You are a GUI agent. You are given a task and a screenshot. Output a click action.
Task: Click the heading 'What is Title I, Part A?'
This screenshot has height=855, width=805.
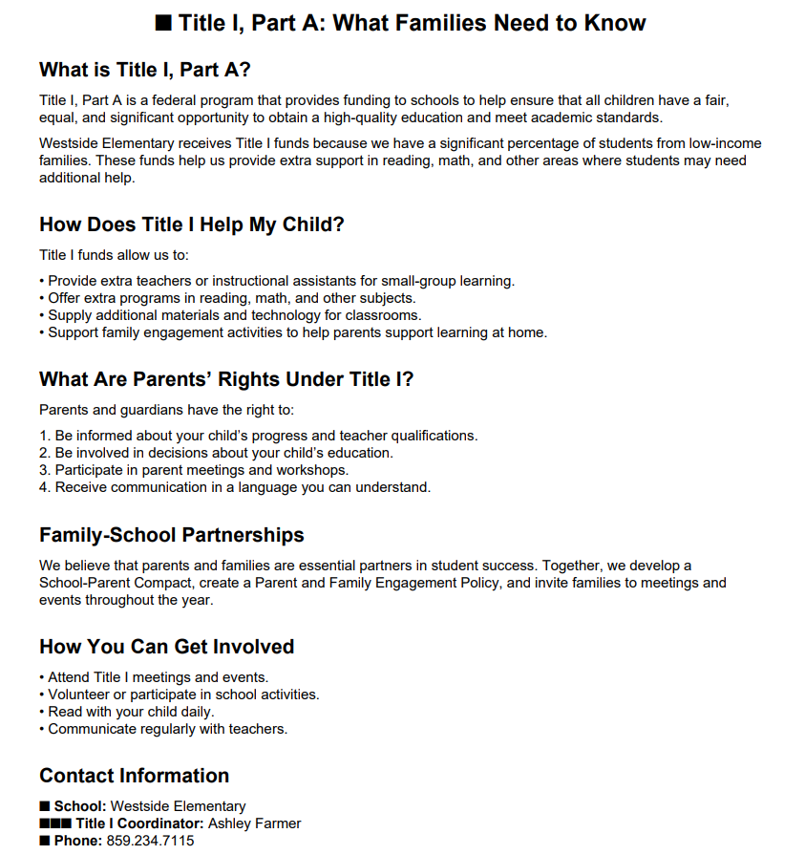pyautogui.click(x=144, y=70)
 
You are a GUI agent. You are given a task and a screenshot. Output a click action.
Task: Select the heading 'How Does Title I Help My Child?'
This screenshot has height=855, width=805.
pyautogui.click(x=191, y=224)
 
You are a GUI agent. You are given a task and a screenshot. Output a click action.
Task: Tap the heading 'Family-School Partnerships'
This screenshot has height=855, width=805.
pyautogui.click(x=172, y=535)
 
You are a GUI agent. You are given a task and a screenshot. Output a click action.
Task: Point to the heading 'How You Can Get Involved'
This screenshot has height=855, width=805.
pyautogui.click(x=166, y=647)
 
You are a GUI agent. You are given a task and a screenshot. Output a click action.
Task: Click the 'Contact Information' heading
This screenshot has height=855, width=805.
pyautogui.click(x=134, y=776)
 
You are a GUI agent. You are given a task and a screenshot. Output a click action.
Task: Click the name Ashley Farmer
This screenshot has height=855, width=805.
pyautogui.click(x=254, y=823)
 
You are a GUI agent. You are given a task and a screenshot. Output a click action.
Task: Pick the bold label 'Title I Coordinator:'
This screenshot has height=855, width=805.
pyautogui.click(x=139, y=823)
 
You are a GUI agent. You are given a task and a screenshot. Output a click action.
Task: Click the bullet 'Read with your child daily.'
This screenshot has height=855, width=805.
pyautogui.click(x=131, y=712)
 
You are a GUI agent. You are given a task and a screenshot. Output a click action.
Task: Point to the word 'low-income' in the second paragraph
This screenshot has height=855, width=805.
pyautogui.click(x=725, y=143)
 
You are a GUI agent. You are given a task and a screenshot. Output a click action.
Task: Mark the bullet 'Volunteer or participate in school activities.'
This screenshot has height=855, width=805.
pyautogui.click(x=183, y=695)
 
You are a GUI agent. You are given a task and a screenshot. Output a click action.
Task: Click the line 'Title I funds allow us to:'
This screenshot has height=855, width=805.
pyautogui.click(x=114, y=254)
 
